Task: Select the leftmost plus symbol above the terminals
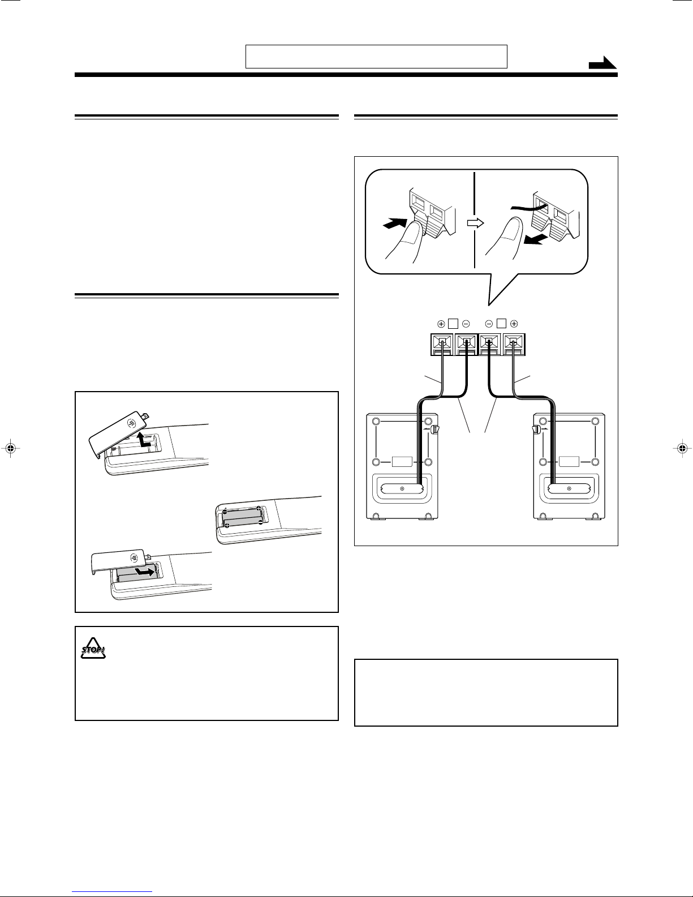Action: [x=441, y=324]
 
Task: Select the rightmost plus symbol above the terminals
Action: [x=514, y=324]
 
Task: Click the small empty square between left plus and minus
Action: [x=453, y=324]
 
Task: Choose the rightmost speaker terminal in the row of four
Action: [x=514, y=343]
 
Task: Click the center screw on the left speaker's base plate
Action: [x=402, y=488]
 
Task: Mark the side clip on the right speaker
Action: [x=535, y=431]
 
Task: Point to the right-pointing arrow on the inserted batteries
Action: [x=145, y=573]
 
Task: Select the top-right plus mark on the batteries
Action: [x=259, y=508]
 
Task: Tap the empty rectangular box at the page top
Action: [x=376, y=57]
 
